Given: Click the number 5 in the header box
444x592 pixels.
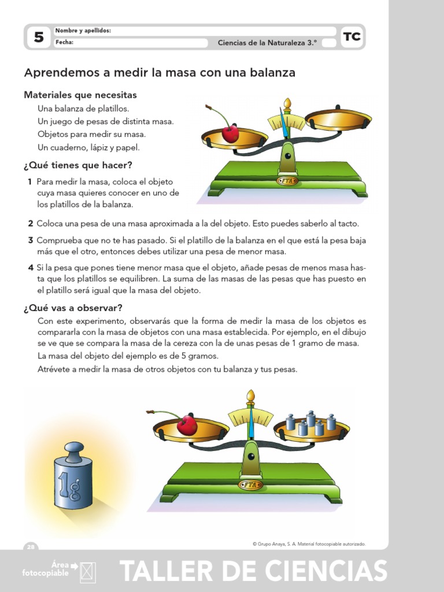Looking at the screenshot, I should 39,38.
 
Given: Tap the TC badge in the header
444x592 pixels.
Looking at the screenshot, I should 351,38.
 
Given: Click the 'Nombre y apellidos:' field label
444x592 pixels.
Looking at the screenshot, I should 83,31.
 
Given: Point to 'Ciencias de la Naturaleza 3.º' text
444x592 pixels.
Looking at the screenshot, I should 267,42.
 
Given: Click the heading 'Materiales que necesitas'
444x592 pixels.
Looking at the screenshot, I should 80,95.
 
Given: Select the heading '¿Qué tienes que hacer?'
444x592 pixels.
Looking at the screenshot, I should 78,165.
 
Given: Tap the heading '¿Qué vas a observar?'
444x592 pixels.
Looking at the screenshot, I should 73,307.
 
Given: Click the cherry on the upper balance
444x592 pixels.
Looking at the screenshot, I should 230,134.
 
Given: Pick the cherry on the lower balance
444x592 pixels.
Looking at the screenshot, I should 186,425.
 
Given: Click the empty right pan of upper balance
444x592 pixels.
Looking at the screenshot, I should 338,120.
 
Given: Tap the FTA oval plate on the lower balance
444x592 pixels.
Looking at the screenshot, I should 251,484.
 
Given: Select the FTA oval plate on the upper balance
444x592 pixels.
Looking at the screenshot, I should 287,181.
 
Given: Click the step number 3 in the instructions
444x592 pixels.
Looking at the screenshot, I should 30,240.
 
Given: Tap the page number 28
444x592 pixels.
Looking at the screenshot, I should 31,546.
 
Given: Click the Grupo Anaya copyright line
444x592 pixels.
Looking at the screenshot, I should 309,544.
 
